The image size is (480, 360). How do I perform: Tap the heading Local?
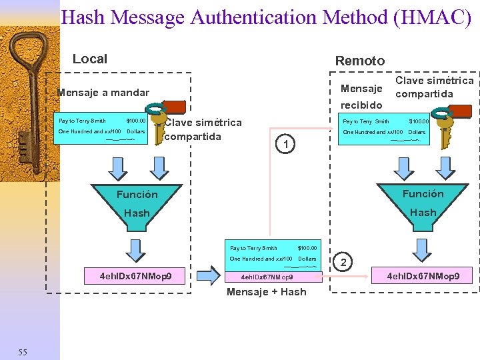[89, 59]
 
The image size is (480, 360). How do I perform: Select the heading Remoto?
[359, 61]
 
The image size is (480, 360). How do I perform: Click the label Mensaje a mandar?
[103, 93]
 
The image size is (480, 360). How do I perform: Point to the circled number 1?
[285, 144]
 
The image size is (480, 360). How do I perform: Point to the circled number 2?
[343, 263]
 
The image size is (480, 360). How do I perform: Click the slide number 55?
[23, 352]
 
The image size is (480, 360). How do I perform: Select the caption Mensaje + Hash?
[267, 292]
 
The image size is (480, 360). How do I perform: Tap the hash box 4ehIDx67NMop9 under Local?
[135, 275]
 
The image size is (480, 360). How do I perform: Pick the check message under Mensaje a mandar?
[102, 127]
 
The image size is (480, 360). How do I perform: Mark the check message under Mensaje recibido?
[385, 128]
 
